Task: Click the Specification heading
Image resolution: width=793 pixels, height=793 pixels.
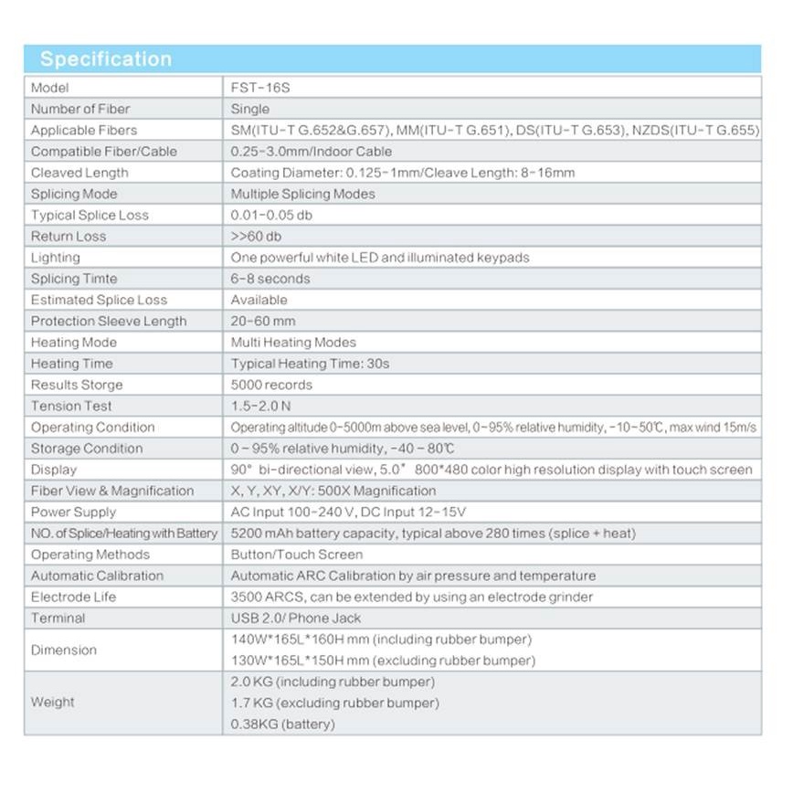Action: click(x=106, y=59)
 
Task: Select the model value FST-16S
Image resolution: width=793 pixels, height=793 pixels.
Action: click(x=255, y=88)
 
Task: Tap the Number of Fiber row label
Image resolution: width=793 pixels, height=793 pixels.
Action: click(x=80, y=109)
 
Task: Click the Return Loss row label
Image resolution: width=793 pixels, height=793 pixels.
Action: click(x=69, y=236)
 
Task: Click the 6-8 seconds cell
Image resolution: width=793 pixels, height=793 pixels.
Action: click(x=270, y=279)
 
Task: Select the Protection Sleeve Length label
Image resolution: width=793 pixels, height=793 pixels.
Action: click(x=109, y=321)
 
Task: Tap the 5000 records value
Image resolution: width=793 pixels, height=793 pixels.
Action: click(x=271, y=385)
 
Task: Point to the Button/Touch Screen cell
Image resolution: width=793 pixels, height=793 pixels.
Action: click(x=297, y=555)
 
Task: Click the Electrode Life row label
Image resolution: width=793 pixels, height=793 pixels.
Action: click(x=74, y=597)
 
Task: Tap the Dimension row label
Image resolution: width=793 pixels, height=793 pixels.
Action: click(x=64, y=650)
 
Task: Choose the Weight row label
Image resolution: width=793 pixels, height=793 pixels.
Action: click(x=53, y=703)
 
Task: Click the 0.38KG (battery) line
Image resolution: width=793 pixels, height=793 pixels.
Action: click(x=283, y=724)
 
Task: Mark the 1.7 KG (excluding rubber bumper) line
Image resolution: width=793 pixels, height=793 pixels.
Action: click(x=334, y=703)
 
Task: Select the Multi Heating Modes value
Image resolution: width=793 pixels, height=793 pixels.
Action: click(x=293, y=342)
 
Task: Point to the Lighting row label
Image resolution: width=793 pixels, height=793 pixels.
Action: click(x=56, y=258)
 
